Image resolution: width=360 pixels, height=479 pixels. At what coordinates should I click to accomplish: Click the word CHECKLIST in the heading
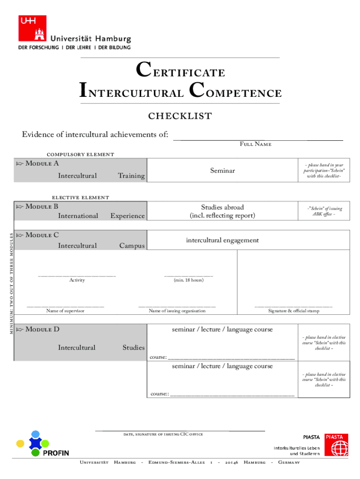point(180,116)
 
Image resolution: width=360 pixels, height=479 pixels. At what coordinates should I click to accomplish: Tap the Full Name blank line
point(258,139)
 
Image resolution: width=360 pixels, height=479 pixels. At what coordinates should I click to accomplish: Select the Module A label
point(42,163)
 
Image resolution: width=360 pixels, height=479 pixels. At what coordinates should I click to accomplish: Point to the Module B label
point(42,206)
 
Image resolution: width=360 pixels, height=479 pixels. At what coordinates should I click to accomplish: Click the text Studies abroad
point(222,207)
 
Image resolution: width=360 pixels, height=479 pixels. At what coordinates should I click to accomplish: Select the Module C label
point(42,235)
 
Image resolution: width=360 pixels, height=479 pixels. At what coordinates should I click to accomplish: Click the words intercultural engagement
point(222,240)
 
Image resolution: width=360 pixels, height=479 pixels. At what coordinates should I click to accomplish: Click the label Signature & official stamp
point(294,311)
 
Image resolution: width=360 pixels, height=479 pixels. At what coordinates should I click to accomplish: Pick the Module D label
point(42,329)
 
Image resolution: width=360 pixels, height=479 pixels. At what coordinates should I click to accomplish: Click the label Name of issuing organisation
point(177,311)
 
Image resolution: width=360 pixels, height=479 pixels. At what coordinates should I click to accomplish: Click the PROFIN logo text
point(56,453)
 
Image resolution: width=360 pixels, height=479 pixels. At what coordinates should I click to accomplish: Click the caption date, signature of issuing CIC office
point(163,435)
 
